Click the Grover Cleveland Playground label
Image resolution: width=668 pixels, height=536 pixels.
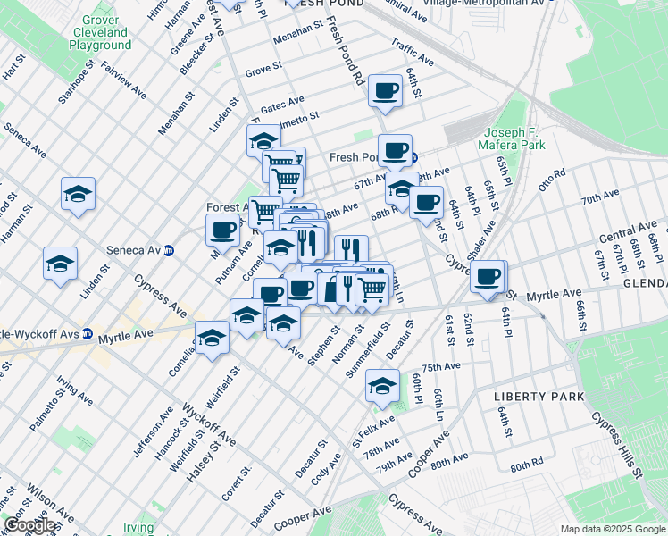(x=100, y=32)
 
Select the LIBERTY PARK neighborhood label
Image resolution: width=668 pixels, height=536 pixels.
(x=539, y=396)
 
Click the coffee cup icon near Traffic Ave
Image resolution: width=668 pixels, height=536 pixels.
(x=386, y=91)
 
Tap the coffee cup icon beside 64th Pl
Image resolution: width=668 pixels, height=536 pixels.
(x=488, y=277)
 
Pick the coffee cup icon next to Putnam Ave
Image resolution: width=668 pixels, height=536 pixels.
(x=222, y=230)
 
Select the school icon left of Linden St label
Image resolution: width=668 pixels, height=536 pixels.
(x=60, y=264)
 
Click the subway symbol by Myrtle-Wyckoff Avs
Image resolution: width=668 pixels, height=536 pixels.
(x=88, y=334)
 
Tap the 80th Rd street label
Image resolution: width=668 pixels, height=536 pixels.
(x=527, y=466)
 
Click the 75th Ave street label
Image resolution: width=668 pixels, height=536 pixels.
(x=440, y=367)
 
